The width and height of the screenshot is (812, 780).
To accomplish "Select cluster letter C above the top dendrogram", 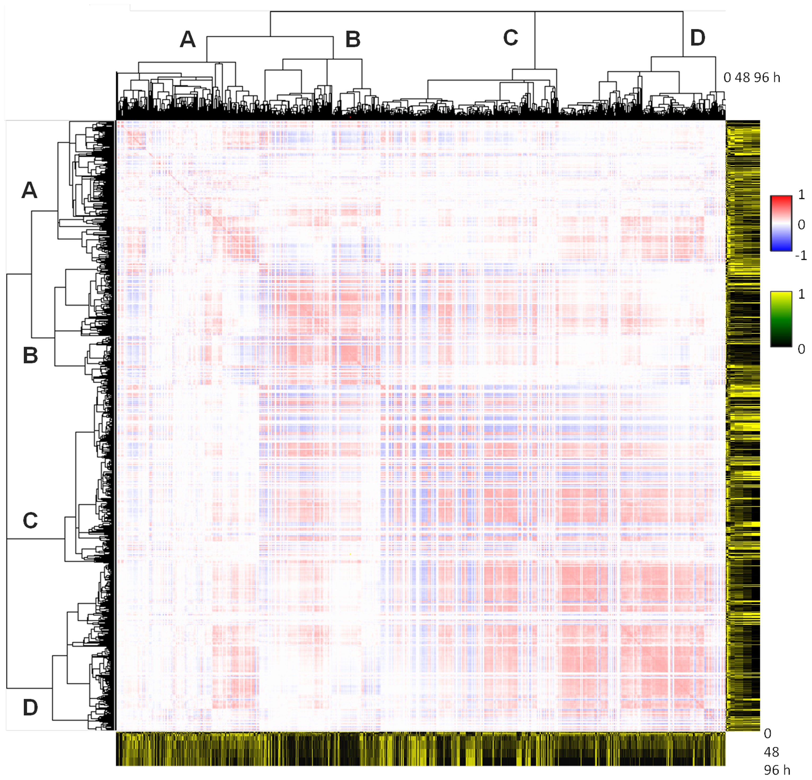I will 510,38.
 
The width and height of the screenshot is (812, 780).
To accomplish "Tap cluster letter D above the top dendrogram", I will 698,38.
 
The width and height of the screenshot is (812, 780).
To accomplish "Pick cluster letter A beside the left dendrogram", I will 29,191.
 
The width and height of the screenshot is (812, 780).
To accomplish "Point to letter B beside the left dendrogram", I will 30,355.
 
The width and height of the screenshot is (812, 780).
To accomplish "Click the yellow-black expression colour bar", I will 781,319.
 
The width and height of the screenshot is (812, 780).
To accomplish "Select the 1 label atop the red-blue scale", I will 801,195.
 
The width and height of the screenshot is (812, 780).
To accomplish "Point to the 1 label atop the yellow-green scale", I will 801,294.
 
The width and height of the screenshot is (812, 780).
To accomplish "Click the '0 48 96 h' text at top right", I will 752,78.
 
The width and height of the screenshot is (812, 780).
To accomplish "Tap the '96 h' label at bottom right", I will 777,770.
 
